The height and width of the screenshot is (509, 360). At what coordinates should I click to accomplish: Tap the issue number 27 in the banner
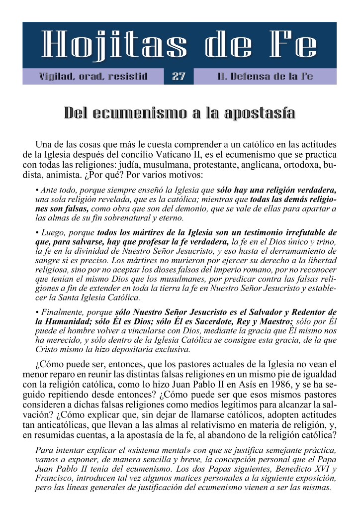[x=179, y=77]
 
